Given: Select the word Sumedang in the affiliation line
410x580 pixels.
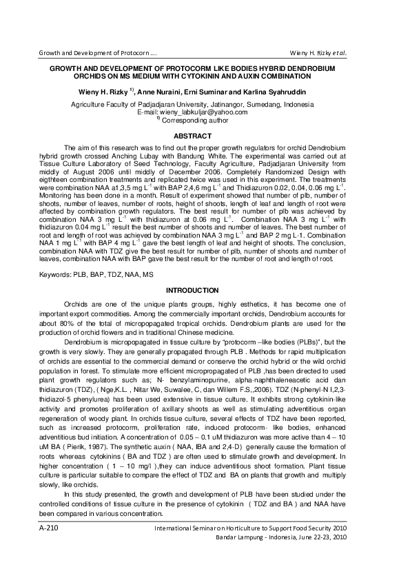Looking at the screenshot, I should [x=256, y=104].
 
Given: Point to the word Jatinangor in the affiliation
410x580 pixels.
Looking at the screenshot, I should [x=216, y=104].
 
